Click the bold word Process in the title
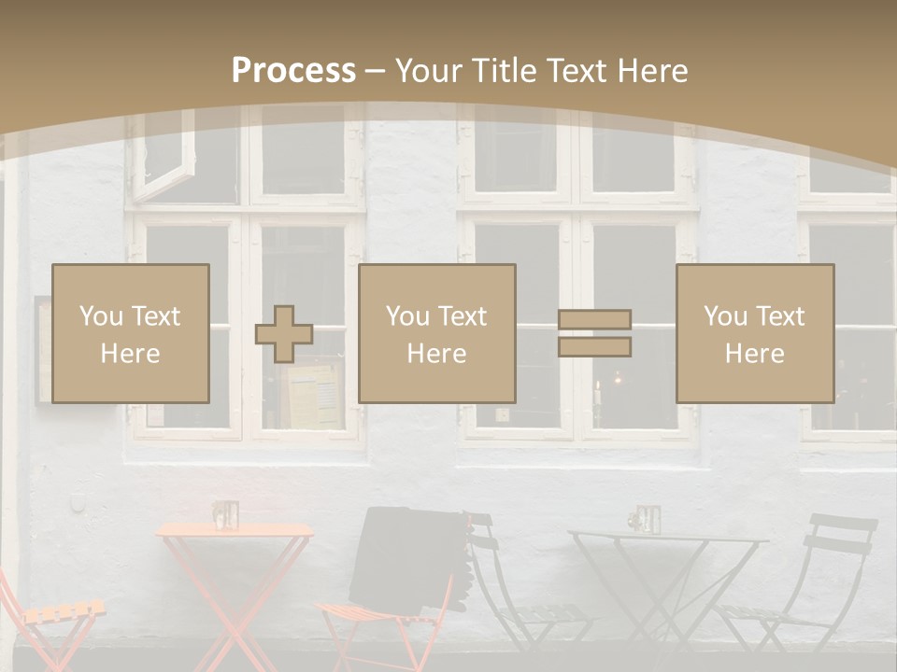(293, 71)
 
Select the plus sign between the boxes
(284, 334)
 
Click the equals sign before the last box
(594, 333)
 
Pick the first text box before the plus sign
(131, 333)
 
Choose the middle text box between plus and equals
(436, 333)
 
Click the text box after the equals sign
(754, 333)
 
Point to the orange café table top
(234, 530)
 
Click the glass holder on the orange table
(225, 514)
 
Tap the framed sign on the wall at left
(43, 350)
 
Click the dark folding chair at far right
(822, 579)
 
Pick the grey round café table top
(667, 537)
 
